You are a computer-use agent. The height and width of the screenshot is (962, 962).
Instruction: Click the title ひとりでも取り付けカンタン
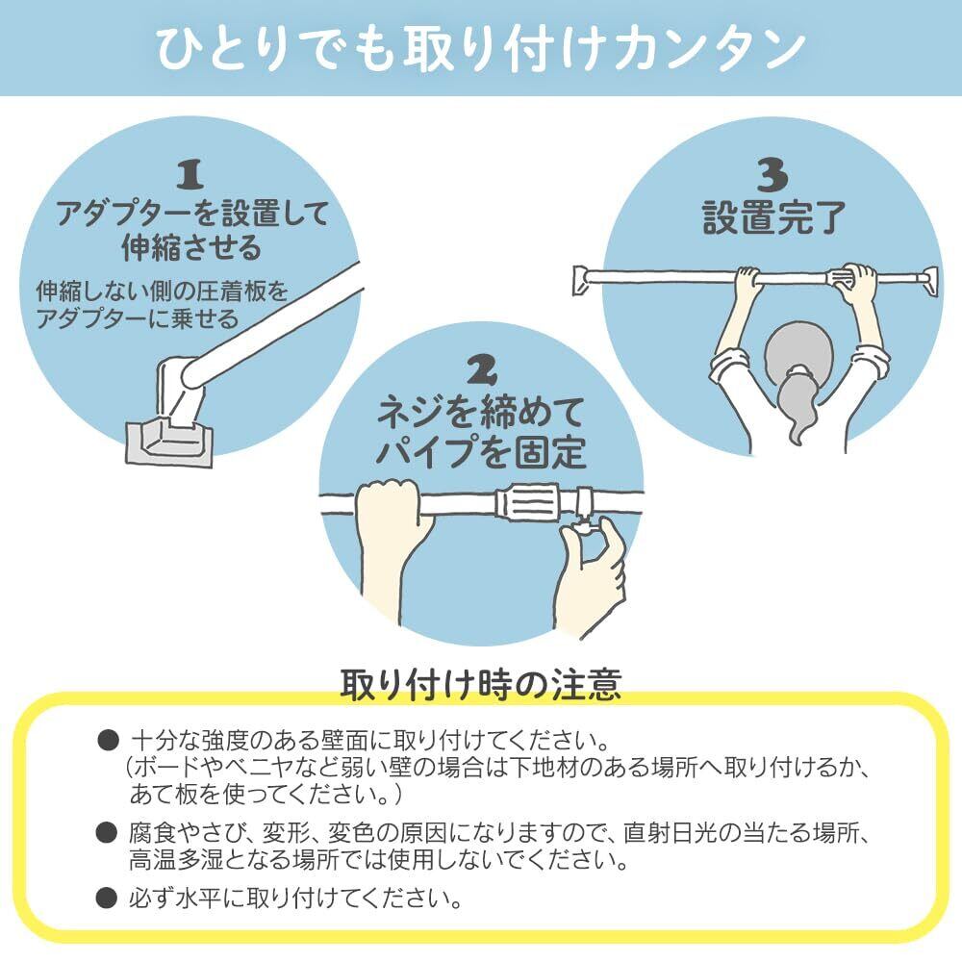click(480, 48)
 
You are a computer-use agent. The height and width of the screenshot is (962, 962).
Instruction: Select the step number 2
click(480, 369)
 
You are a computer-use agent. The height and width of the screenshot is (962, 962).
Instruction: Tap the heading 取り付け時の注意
click(480, 684)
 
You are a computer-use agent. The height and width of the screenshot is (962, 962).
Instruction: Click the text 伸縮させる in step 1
click(191, 248)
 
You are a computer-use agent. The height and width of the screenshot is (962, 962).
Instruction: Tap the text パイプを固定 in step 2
click(480, 449)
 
